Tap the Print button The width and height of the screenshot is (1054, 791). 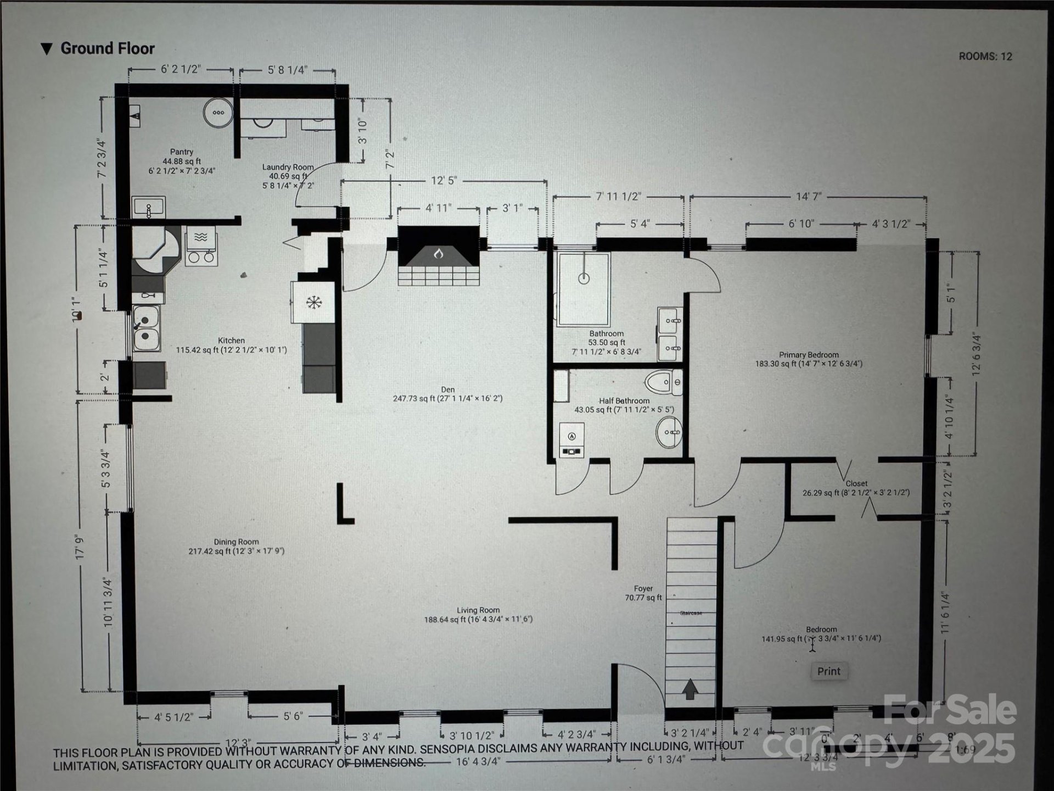(828, 671)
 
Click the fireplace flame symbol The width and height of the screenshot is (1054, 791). (438, 254)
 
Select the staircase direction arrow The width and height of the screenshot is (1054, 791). (689, 689)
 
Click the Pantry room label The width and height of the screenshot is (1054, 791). (181, 152)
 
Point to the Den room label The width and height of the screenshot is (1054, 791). (447, 389)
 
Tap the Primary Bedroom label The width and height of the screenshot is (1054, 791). (809, 355)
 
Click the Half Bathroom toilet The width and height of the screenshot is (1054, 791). (664, 382)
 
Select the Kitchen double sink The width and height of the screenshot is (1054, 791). (146, 328)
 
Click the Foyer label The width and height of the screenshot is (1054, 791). (643, 588)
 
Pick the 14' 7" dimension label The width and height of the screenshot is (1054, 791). (808, 196)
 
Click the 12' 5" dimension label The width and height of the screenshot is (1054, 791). (444, 181)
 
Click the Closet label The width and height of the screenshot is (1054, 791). (856, 483)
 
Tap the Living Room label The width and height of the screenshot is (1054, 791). (478, 610)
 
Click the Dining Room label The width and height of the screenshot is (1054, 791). (236, 542)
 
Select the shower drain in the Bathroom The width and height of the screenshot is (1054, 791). (584, 278)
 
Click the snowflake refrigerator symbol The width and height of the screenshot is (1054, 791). (313, 303)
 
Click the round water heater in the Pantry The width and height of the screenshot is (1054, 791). (218, 113)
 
